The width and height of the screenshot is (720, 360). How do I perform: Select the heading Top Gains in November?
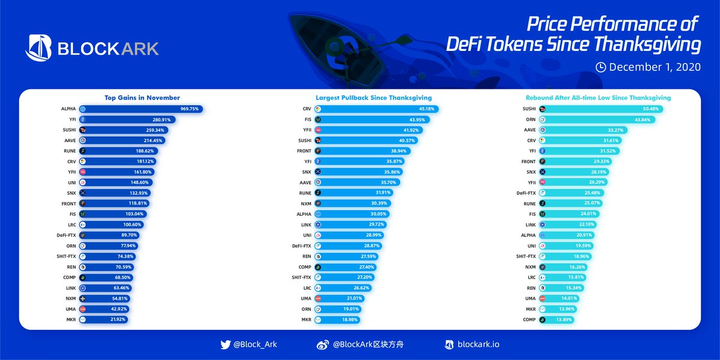click(x=142, y=98)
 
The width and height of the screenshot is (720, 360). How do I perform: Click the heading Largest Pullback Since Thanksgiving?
click(x=373, y=98)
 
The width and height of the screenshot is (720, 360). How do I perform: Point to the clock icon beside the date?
click(x=601, y=67)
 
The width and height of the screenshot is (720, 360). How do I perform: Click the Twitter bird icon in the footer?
click(x=226, y=344)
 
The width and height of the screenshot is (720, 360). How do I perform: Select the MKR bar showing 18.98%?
click(x=343, y=320)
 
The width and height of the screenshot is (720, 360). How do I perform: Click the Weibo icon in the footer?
click(x=322, y=344)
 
